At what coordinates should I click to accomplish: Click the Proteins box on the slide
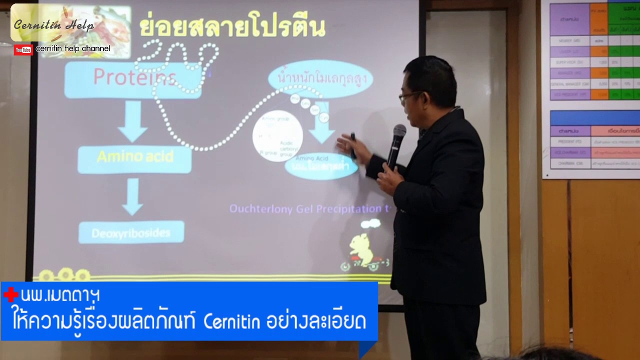(x=133, y=79)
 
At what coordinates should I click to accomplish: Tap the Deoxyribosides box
(x=131, y=232)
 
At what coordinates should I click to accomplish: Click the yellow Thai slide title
(x=232, y=27)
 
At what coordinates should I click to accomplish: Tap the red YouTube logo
(x=23, y=49)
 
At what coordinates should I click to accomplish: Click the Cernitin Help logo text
(x=53, y=25)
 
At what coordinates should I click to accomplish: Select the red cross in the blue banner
(x=10, y=295)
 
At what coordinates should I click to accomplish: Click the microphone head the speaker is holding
(x=399, y=132)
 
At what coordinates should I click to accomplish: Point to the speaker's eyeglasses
(x=409, y=95)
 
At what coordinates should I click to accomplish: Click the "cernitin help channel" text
(x=73, y=49)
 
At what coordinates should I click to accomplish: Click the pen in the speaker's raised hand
(x=353, y=145)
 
